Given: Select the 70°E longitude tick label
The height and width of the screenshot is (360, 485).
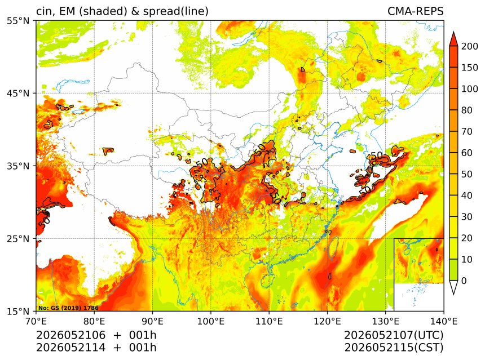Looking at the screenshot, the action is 36,321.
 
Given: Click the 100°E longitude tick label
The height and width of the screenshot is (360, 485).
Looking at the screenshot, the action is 211,321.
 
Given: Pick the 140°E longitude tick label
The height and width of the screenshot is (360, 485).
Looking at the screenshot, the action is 444,321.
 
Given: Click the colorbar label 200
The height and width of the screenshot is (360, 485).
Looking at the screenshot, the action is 470,46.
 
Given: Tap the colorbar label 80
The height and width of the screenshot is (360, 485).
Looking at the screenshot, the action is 467,110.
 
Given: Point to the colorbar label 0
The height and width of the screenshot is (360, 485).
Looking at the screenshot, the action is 464,281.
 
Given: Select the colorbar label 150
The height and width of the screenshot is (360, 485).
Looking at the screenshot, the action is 470,68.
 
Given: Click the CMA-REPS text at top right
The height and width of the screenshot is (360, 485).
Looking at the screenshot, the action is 416,11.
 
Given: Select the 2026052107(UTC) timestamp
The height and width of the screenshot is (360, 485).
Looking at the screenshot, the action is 394,335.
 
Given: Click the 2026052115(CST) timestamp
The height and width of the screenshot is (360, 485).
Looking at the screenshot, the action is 394,348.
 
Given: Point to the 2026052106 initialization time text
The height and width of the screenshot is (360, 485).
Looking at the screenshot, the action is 71,335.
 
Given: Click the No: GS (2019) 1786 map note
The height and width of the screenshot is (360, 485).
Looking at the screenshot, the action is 68,308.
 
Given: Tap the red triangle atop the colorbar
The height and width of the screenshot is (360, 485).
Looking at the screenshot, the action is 453,39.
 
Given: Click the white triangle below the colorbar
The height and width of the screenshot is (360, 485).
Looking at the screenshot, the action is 453,288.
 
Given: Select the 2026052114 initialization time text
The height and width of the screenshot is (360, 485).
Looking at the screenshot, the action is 71,348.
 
